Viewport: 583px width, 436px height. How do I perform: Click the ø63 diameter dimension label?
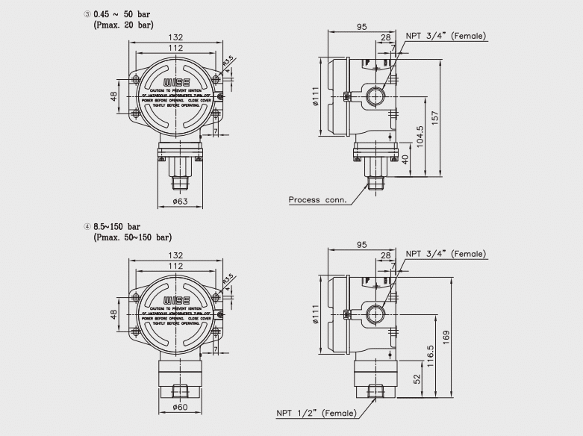click(180, 201)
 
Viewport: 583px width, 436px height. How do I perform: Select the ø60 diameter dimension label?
click(180, 408)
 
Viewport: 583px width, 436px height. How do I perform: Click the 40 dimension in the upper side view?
click(406, 159)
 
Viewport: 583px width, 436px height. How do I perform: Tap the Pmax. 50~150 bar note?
click(132, 237)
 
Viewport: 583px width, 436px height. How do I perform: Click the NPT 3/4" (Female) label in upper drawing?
click(446, 36)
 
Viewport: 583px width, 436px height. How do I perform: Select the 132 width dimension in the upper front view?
click(176, 36)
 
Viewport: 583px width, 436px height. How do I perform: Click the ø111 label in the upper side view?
click(317, 96)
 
